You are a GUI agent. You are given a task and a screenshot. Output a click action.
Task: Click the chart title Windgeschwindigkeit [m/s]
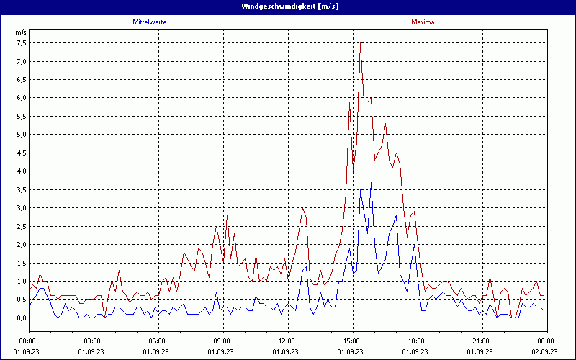289,6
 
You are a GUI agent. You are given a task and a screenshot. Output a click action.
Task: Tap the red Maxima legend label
423,22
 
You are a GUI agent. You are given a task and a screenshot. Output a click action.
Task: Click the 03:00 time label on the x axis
92,341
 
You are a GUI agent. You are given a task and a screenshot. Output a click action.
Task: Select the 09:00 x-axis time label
222,341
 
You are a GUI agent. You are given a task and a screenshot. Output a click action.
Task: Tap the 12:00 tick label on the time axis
287,341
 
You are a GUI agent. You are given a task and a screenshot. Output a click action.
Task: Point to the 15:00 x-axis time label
351,341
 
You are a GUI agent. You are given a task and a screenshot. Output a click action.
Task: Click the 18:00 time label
416,341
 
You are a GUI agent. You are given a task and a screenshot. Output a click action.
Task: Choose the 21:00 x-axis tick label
481,341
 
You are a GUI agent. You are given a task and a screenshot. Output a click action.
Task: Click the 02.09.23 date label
546,351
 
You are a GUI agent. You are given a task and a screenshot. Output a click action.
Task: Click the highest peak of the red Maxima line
360,43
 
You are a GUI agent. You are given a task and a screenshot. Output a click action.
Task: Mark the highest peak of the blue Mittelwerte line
371,182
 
